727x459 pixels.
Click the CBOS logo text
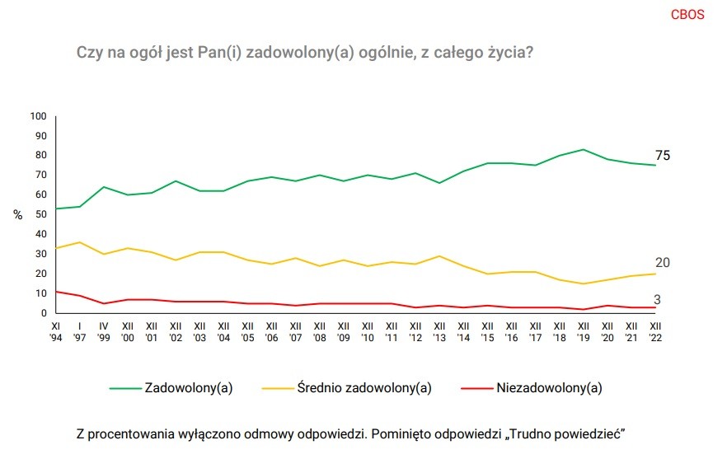(x=687, y=15)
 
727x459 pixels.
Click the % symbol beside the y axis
(x=17, y=214)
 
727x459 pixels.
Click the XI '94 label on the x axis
(x=56, y=331)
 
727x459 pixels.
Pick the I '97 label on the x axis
(x=80, y=331)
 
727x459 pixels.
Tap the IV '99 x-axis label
(x=104, y=331)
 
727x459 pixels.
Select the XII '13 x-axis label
(x=440, y=331)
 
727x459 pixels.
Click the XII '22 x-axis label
(x=656, y=331)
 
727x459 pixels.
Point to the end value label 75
(x=663, y=156)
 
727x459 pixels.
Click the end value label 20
(x=663, y=263)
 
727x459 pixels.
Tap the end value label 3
(x=658, y=300)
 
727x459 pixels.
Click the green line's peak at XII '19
(x=584, y=150)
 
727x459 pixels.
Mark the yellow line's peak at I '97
(x=80, y=242)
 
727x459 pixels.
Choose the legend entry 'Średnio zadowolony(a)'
(x=363, y=387)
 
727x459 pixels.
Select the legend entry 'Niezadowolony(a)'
(x=549, y=387)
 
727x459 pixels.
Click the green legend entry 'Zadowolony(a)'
(x=187, y=387)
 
